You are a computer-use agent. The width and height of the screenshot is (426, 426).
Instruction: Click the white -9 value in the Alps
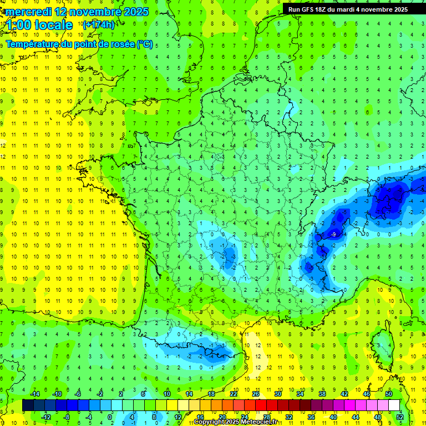(x=333, y=235)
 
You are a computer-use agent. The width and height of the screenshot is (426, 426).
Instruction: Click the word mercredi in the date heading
(x=29, y=11)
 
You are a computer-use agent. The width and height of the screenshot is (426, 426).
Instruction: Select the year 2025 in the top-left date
(x=136, y=11)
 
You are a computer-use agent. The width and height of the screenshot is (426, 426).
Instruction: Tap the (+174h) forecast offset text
(x=99, y=24)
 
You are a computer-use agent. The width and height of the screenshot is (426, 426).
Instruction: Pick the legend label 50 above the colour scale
(x=389, y=393)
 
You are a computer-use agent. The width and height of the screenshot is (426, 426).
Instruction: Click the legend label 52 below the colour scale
(x=400, y=417)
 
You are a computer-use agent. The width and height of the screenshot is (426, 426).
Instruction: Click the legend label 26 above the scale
(x=256, y=393)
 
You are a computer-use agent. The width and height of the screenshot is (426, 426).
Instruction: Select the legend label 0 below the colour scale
(x=110, y=417)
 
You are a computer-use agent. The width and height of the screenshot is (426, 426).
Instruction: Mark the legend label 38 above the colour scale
(x=322, y=393)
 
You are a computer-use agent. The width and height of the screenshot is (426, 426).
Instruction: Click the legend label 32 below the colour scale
(x=289, y=417)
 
